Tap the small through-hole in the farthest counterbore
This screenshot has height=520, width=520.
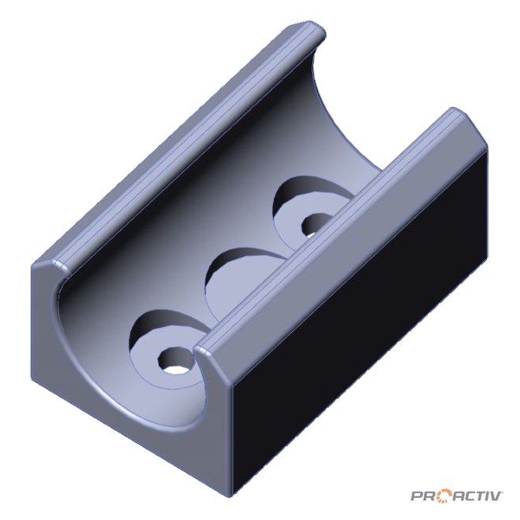[317, 224]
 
